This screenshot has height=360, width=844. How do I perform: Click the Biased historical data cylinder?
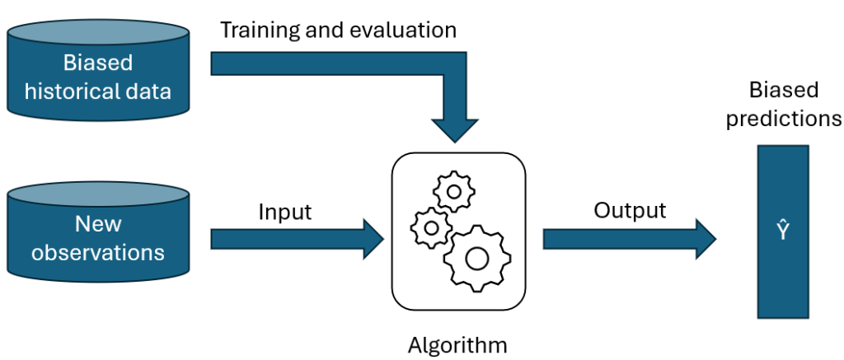tap(98, 73)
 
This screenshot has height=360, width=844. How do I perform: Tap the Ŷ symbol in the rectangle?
tap(782, 234)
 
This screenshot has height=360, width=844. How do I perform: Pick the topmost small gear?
tap(452, 194)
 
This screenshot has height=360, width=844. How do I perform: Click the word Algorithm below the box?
tap(457, 343)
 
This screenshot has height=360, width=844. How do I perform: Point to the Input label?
tap(285, 212)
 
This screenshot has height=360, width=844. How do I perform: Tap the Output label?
tap(630, 211)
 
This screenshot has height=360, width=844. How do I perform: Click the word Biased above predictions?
tap(783, 90)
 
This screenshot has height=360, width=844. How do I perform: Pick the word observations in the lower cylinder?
tap(98, 251)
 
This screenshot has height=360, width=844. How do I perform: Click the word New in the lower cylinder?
tap(98, 223)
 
